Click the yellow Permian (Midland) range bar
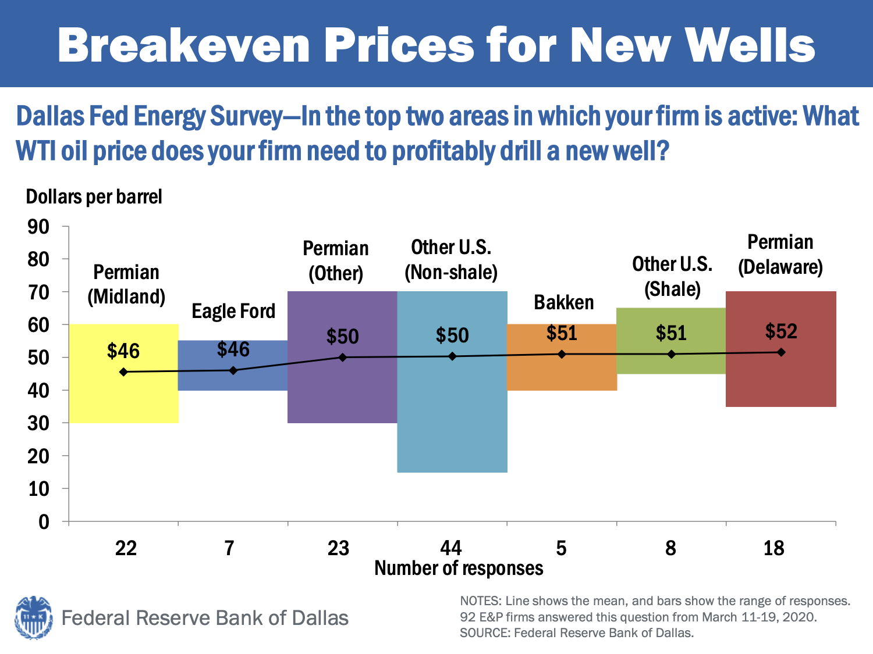coord(123,395)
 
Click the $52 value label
coord(781,331)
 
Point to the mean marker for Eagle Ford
coord(233,370)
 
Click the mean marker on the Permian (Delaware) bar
coord(781,352)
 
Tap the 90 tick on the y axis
coord(39,227)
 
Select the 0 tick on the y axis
coord(44,522)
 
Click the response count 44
coord(451,548)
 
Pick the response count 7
coord(229,548)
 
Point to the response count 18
coord(773,548)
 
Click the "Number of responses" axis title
coord(459,568)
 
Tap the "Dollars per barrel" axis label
coord(94,197)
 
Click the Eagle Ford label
coord(233,312)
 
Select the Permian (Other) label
coord(336,260)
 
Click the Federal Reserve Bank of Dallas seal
coord(33,617)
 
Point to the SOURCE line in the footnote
coord(577,633)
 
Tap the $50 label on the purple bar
coord(342,337)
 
